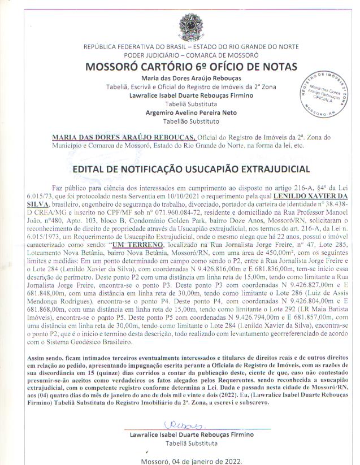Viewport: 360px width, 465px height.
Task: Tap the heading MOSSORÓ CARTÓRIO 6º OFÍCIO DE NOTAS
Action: click(179, 67)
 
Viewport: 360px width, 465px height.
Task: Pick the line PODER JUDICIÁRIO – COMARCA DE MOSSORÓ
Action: click(179, 55)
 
